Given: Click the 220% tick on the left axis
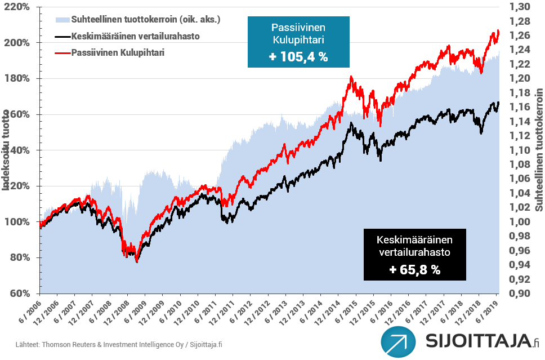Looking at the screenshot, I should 20,7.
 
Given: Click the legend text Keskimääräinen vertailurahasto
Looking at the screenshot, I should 136,36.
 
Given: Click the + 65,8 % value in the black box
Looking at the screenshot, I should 414,269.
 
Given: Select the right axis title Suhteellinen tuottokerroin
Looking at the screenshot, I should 539,150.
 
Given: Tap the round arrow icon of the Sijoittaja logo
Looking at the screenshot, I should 398,341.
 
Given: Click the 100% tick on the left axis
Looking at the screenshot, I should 20,222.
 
